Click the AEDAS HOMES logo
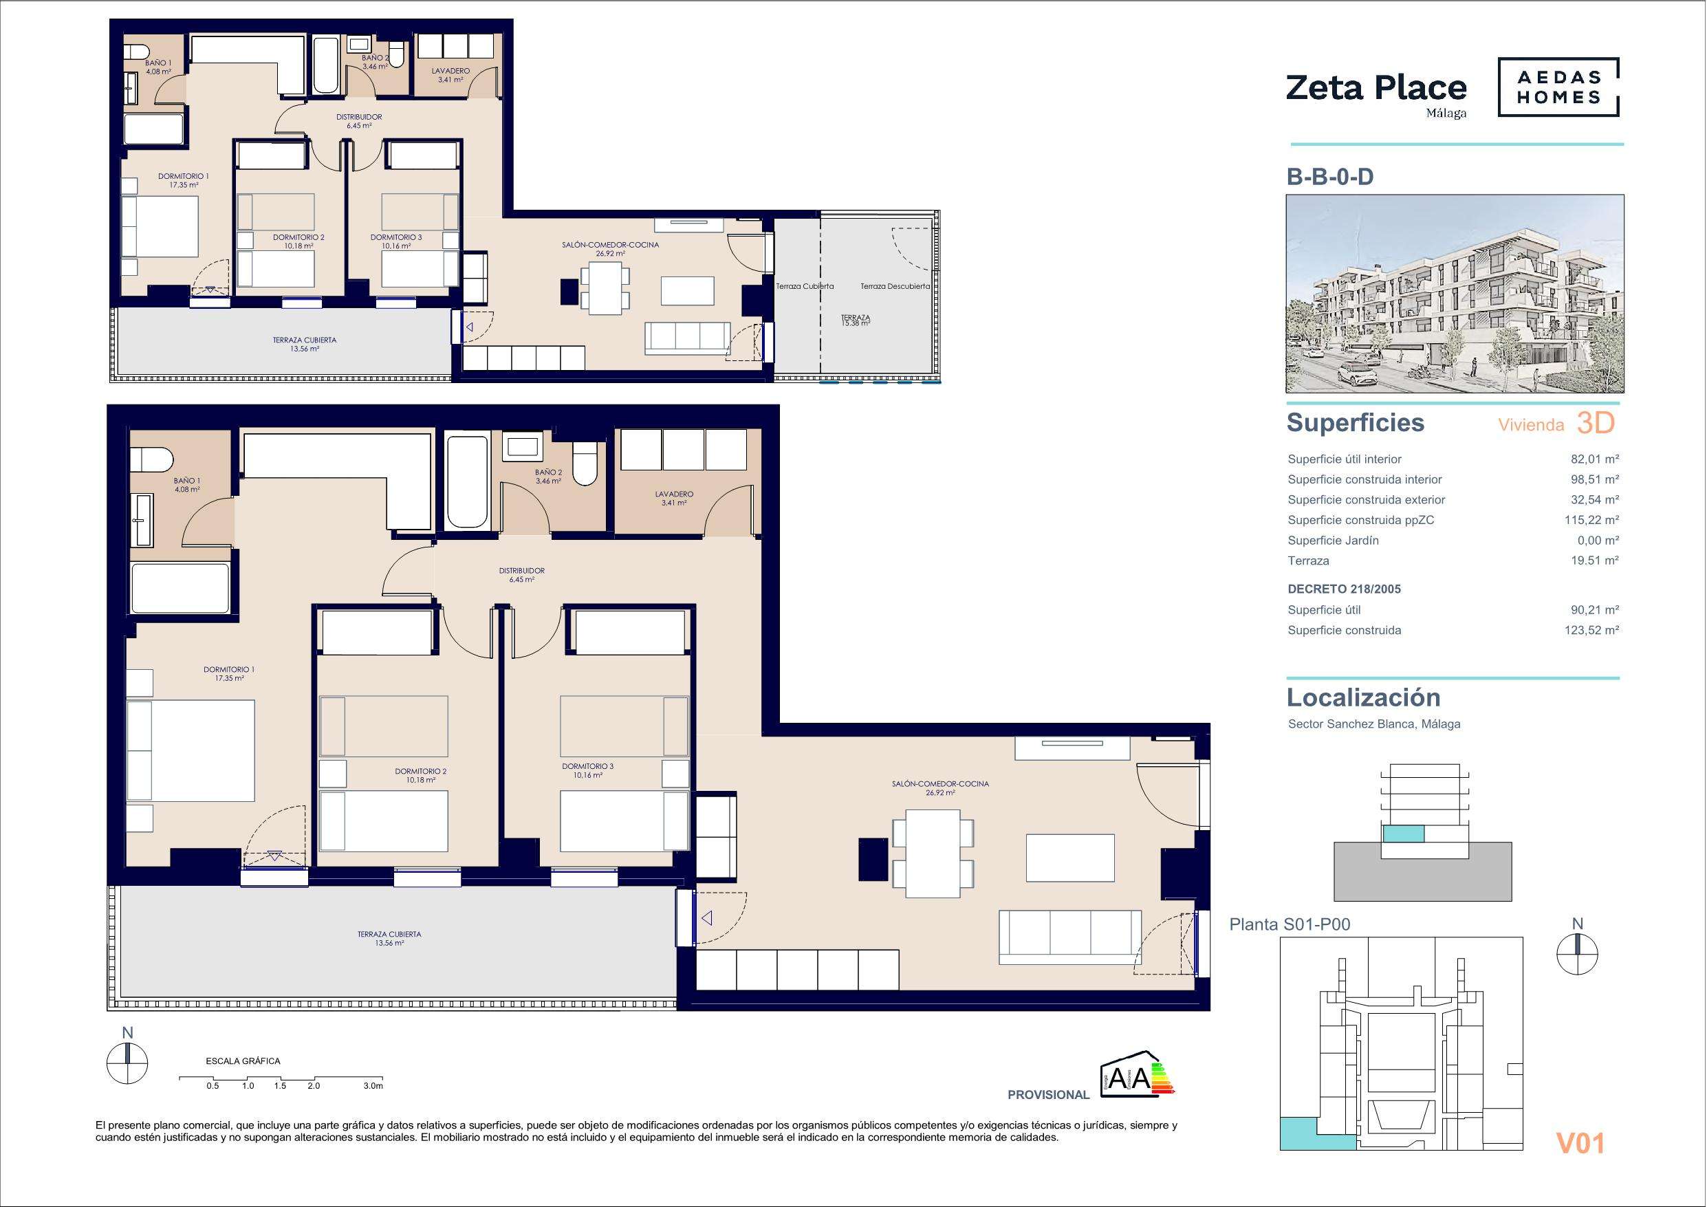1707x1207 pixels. (1558, 89)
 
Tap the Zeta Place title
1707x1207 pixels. (1376, 89)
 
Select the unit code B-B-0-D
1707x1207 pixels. (1330, 177)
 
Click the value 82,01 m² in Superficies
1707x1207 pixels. (1595, 459)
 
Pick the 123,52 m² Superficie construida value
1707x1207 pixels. (1591, 631)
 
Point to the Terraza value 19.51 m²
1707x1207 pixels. (1595, 561)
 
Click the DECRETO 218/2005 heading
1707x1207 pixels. (1344, 589)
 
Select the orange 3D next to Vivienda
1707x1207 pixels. (1596, 423)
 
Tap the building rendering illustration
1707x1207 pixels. (1455, 294)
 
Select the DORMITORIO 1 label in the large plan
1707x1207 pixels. (229, 669)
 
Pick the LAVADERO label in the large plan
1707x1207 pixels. (674, 494)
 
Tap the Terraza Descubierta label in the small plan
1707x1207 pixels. (895, 286)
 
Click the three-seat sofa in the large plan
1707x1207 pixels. (1070, 937)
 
